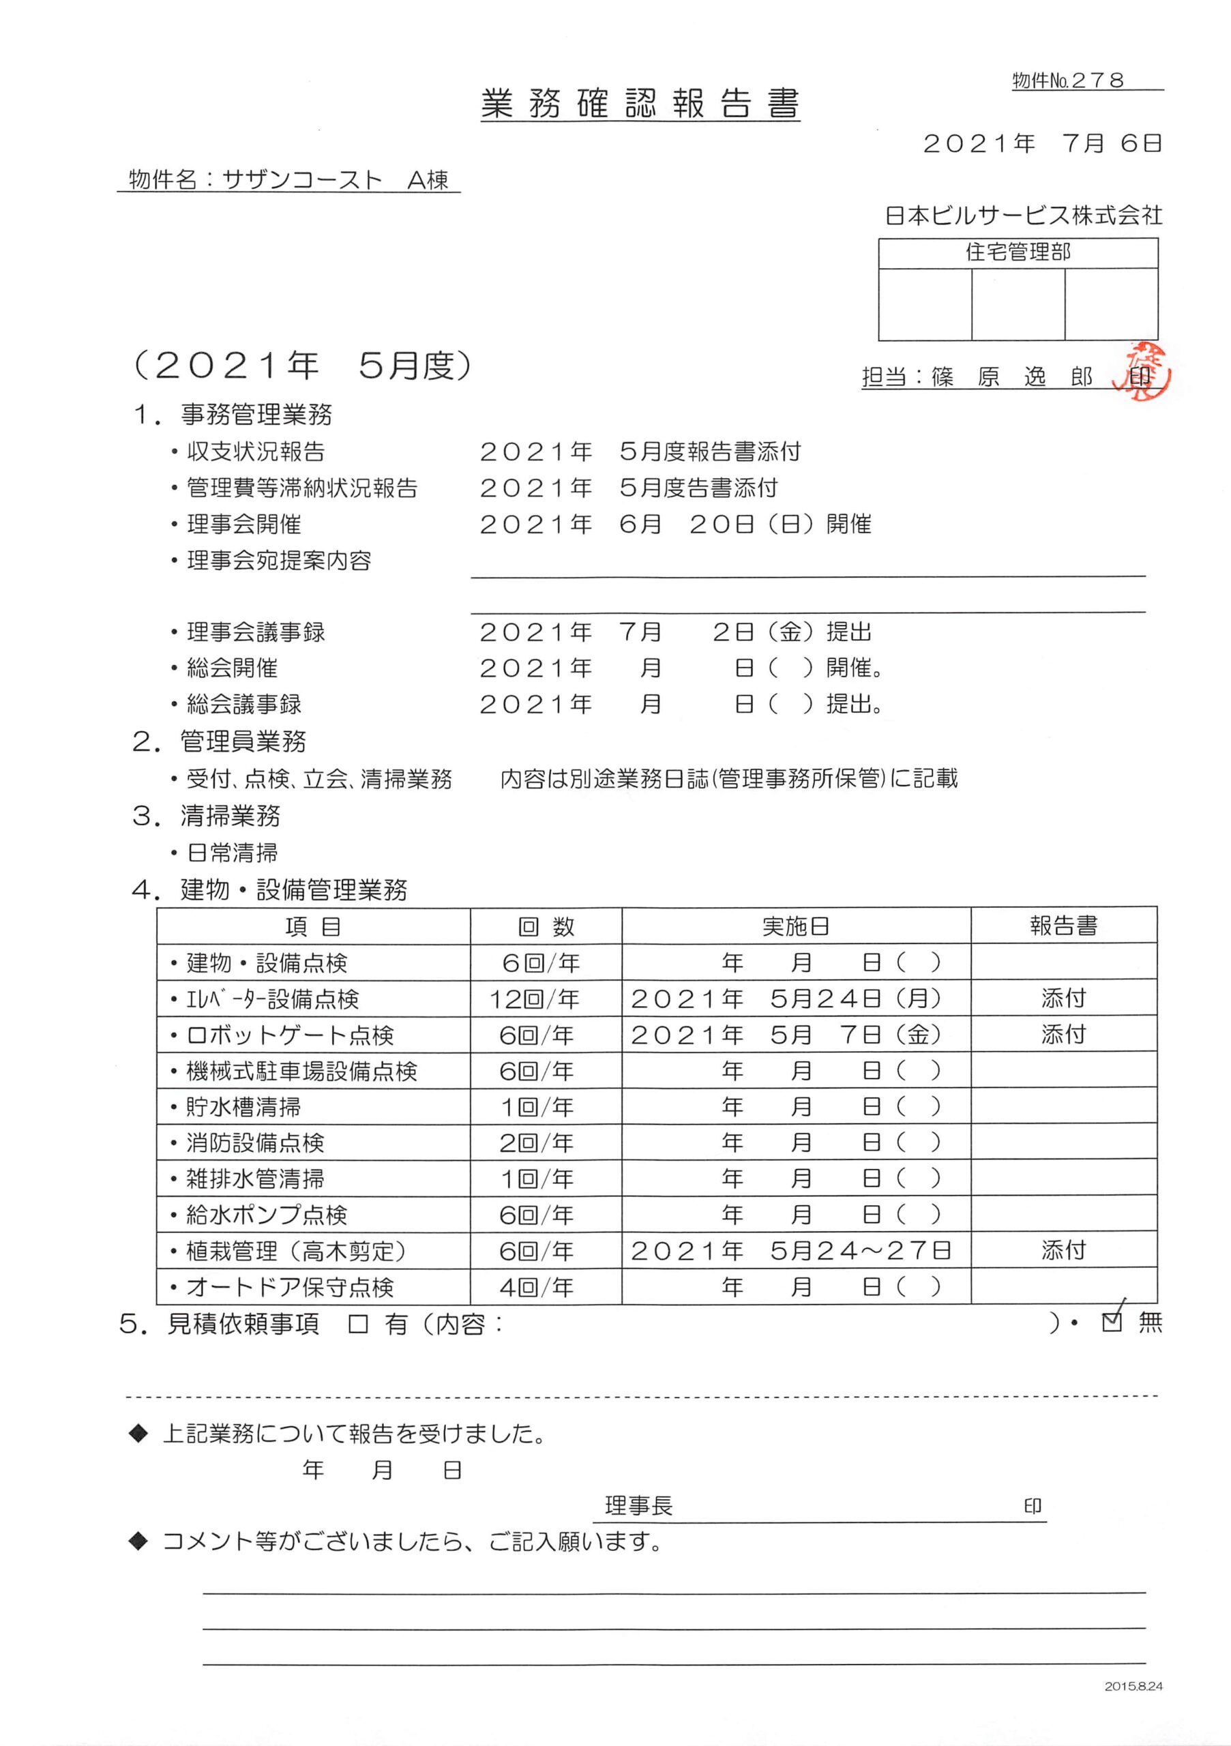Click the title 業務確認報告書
(640, 104)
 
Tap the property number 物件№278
(1068, 80)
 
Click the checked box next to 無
(1112, 1323)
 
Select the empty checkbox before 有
(357, 1325)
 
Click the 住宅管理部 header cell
(1018, 252)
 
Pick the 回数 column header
(545, 926)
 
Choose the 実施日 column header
(795, 926)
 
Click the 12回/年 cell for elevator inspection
(535, 998)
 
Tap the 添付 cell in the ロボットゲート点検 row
(1063, 1034)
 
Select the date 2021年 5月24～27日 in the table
(790, 1251)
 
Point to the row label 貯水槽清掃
(243, 1106)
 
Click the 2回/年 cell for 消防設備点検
(536, 1143)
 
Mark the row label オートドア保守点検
(289, 1287)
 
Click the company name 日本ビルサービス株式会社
(1023, 216)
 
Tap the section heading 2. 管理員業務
(220, 741)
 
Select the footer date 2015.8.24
(1133, 1707)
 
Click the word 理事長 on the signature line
(639, 1505)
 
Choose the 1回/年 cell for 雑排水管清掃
(536, 1179)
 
